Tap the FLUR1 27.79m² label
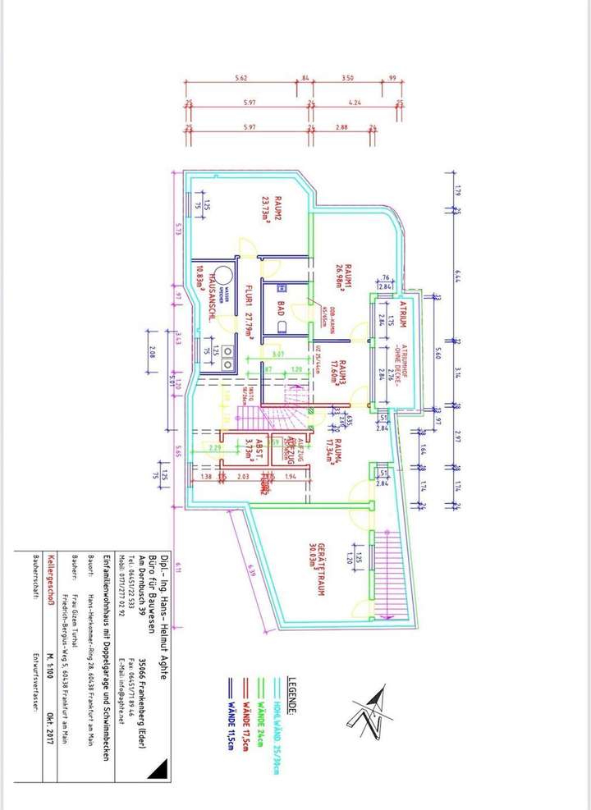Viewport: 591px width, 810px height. pos(248,313)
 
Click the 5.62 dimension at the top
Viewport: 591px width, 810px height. pos(241,77)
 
